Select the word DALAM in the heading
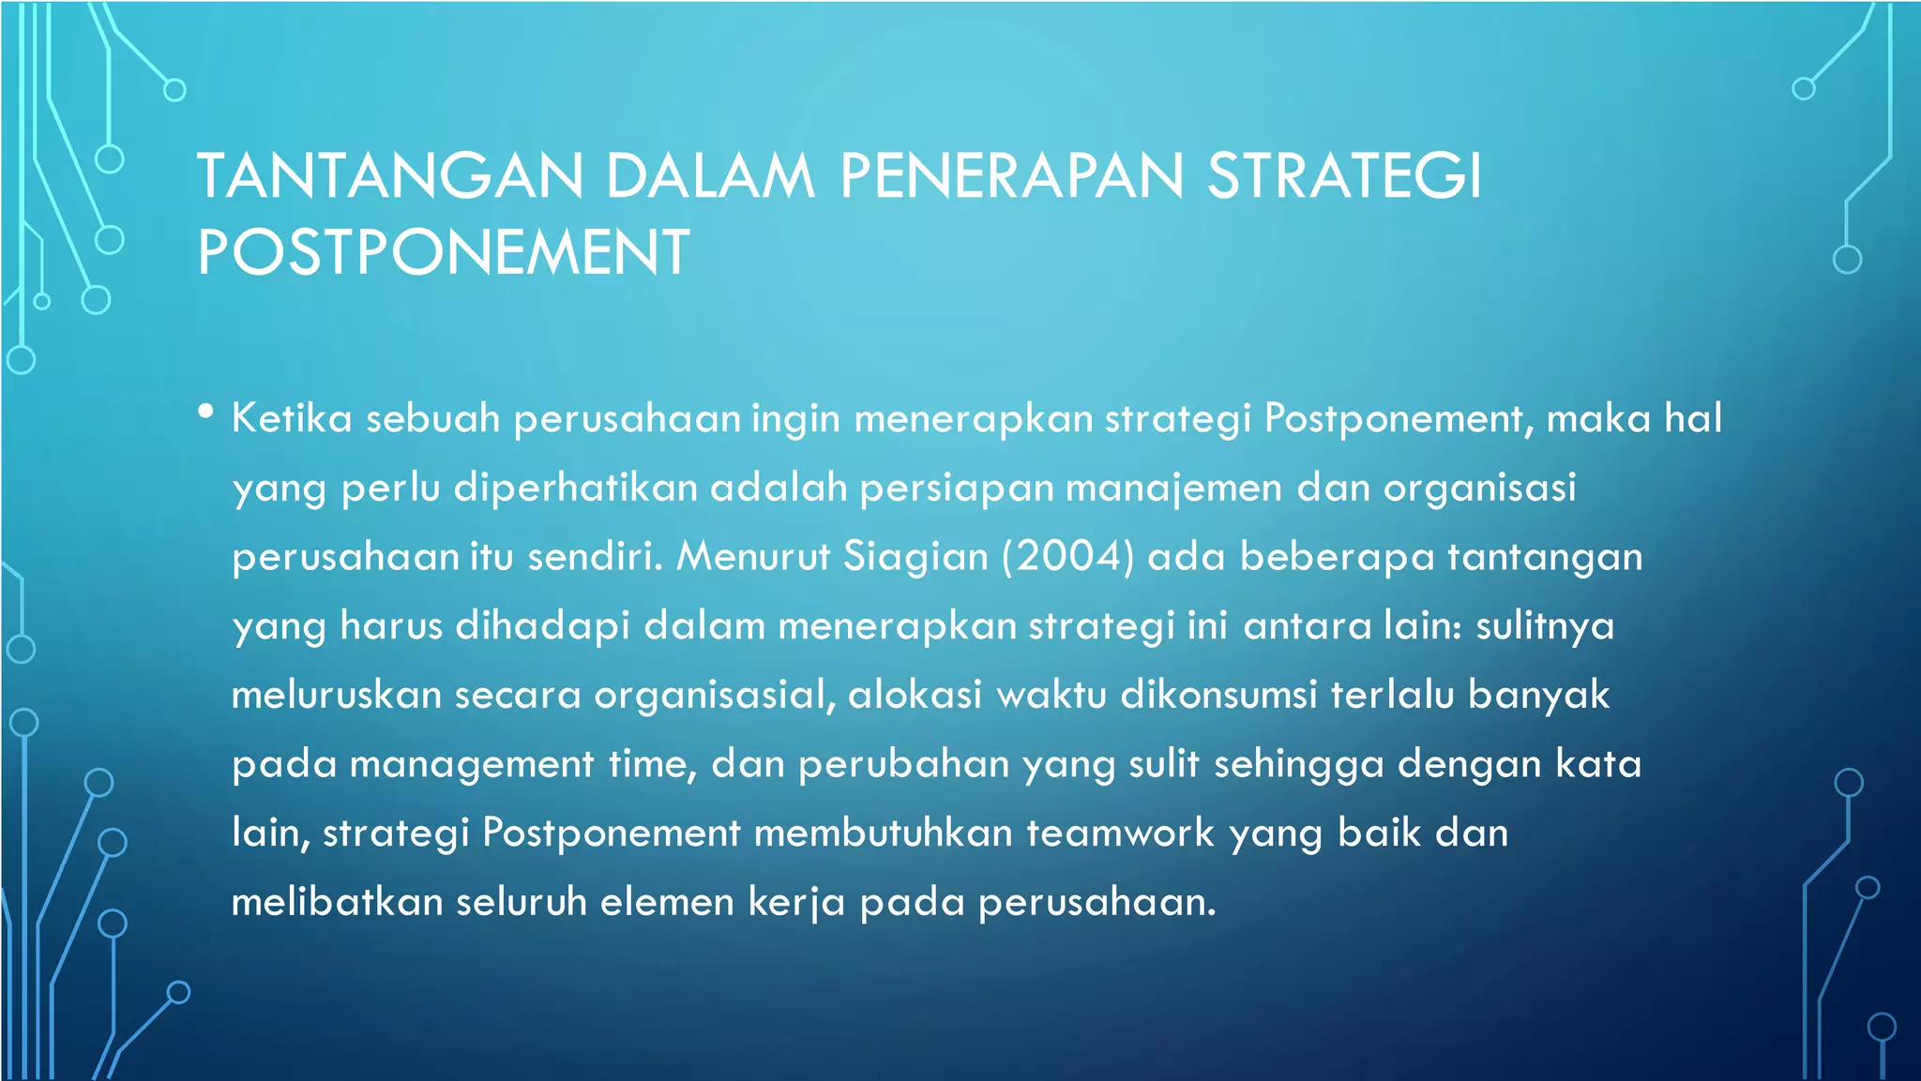710,176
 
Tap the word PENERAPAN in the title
1011,176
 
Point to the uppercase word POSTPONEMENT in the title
443,252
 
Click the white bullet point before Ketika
206,412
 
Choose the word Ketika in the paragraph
292,418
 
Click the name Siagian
915,557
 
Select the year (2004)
1068,557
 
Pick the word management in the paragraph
472,765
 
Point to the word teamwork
1120,833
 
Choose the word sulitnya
1545,626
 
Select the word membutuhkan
883,833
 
